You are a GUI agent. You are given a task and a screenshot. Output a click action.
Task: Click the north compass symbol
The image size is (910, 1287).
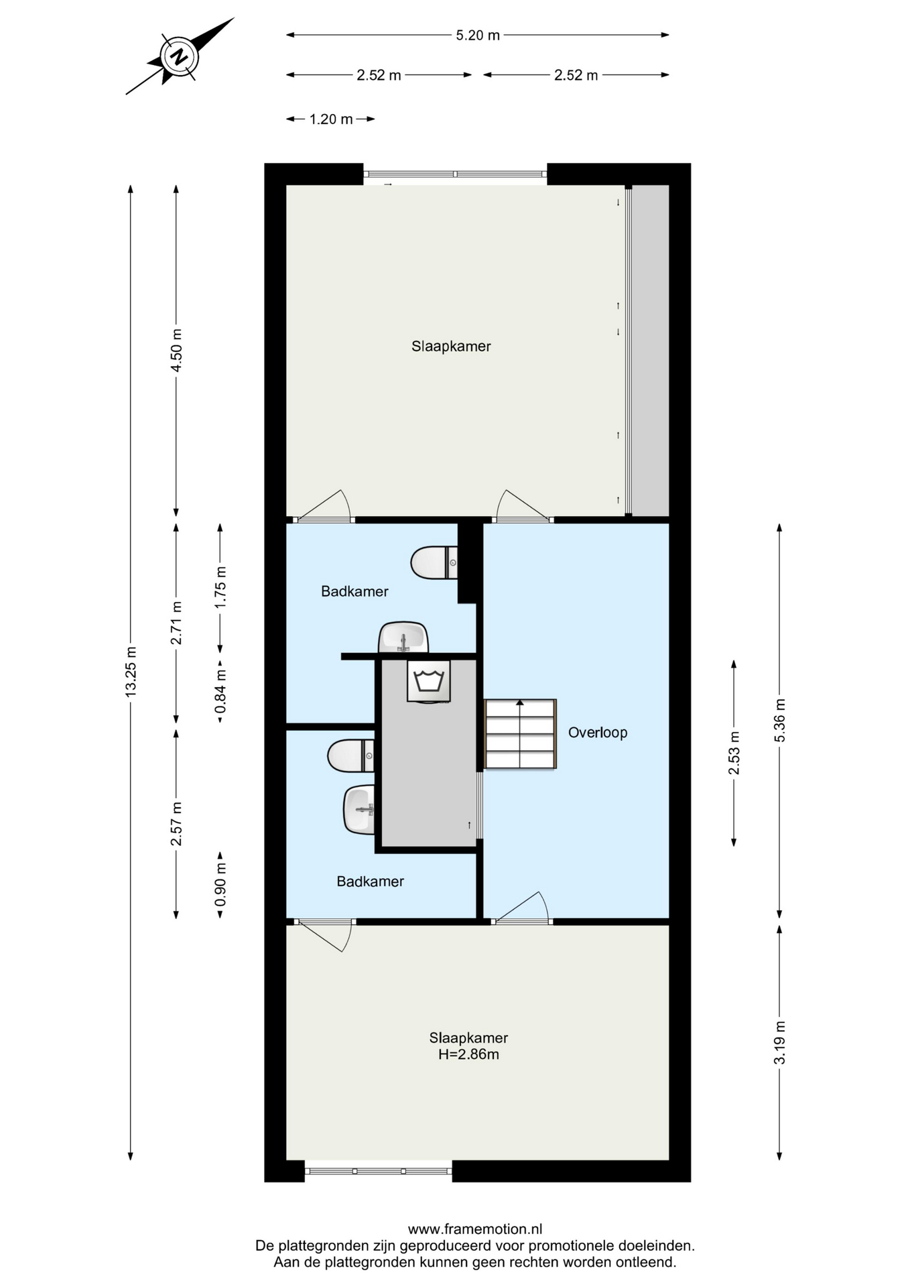(x=180, y=56)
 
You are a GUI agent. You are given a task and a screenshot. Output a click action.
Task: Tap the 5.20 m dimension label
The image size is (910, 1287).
(x=478, y=36)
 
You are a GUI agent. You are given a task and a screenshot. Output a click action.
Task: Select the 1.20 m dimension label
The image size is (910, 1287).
(x=331, y=119)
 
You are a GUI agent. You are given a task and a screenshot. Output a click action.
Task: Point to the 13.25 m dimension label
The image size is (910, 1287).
(x=131, y=671)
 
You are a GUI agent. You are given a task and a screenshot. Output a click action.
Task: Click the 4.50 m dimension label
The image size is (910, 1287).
(x=176, y=351)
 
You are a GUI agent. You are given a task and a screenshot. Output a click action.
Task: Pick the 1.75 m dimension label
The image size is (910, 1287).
(x=220, y=588)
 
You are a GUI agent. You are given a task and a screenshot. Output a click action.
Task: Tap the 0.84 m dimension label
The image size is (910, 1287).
(x=220, y=692)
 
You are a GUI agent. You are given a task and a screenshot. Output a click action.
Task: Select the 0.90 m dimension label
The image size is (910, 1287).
(x=220, y=884)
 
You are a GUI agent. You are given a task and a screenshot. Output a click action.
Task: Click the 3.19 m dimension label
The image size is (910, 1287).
(x=779, y=1042)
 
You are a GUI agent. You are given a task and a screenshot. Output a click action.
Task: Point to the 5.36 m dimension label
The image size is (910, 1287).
(x=779, y=721)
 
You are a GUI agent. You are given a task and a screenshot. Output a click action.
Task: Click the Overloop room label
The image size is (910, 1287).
(x=598, y=733)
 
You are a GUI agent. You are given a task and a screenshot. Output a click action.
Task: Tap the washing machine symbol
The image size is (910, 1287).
(x=429, y=681)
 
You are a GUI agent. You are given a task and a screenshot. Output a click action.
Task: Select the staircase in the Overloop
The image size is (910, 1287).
(x=521, y=734)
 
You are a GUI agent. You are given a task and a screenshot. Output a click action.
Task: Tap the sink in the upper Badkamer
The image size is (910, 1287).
(x=403, y=637)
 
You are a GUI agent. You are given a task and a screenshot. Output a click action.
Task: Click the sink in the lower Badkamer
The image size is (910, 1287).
(x=359, y=810)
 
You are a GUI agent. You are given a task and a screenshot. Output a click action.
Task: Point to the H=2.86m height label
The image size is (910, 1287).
(x=468, y=1054)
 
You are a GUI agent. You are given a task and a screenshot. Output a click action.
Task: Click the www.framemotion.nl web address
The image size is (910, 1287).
(x=475, y=1229)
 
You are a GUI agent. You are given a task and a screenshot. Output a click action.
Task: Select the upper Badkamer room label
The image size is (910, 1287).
(x=354, y=591)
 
